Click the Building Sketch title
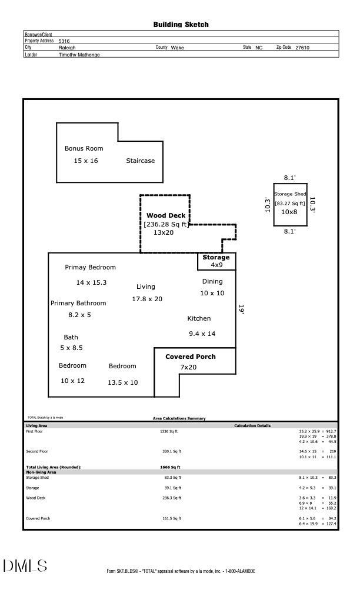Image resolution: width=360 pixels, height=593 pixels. pyautogui.click(x=181, y=25)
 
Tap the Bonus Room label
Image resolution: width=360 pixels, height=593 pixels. pyautogui.click(x=84, y=148)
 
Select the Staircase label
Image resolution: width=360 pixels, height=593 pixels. pyautogui.click(x=140, y=161)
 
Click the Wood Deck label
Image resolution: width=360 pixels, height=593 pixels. pyautogui.click(x=166, y=215)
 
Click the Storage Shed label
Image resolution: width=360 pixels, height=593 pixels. pyautogui.click(x=290, y=194)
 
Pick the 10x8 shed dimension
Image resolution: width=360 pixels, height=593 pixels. pyautogui.click(x=289, y=212)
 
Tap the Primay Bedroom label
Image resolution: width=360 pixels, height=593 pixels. pyautogui.click(x=90, y=267)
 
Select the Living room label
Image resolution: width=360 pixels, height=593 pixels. pyautogui.click(x=146, y=286)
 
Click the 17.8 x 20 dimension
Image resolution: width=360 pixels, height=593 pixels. pyautogui.click(x=147, y=299)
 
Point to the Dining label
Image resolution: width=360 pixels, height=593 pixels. pyautogui.click(x=212, y=281)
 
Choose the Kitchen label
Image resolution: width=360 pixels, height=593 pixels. pyautogui.click(x=199, y=318)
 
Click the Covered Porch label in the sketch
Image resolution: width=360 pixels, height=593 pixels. pyautogui.click(x=190, y=357)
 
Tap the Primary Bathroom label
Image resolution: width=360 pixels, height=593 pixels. pyautogui.click(x=78, y=303)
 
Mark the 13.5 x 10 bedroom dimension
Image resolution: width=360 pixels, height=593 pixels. pyautogui.click(x=122, y=382)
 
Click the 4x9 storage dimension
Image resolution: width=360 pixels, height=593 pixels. pyautogui.click(x=216, y=265)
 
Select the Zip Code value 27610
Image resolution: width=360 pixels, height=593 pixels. pyautogui.click(x=302, y=48)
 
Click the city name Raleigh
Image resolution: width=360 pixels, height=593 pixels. pyautogui.click(x=67, y=48)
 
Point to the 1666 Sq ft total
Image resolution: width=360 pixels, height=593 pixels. pyautogui.click(x=171, y=467)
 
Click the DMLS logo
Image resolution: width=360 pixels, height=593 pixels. pyautogui.click(x=25, y=566)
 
